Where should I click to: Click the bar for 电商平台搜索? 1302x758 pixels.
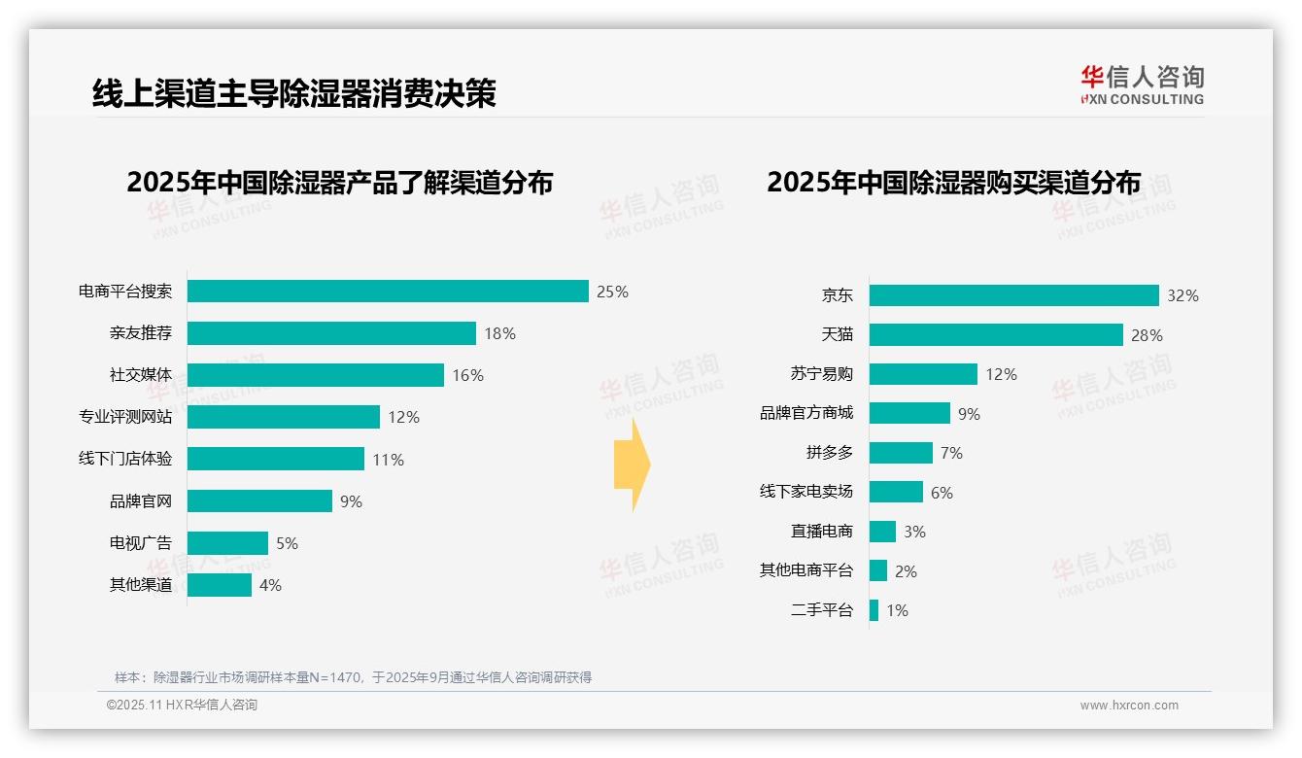388,292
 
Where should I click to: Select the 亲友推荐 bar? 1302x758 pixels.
331,333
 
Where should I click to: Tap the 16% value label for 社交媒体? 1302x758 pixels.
467,376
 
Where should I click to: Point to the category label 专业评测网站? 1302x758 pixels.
125,417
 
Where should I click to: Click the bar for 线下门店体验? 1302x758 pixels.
275,459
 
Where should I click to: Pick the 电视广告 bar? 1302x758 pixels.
227,543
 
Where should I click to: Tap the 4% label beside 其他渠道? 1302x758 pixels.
270,585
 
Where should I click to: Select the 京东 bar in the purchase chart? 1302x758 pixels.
1013,295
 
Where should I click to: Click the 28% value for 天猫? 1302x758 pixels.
1147,335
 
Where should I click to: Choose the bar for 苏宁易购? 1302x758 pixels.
923,374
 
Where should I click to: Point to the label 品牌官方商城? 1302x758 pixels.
806,413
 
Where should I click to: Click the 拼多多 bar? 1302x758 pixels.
901,453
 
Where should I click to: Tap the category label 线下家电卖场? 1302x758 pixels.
806,492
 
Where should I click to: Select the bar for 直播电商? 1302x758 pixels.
882,532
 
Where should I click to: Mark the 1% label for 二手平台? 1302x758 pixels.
897,611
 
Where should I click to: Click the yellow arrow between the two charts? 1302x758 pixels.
632,465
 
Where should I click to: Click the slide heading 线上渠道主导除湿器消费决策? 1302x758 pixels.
293,93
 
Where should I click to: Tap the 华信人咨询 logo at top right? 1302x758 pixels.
1142,85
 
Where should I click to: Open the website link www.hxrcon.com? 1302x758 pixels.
1129,706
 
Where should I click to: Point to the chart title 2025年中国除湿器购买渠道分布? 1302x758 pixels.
953,183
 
